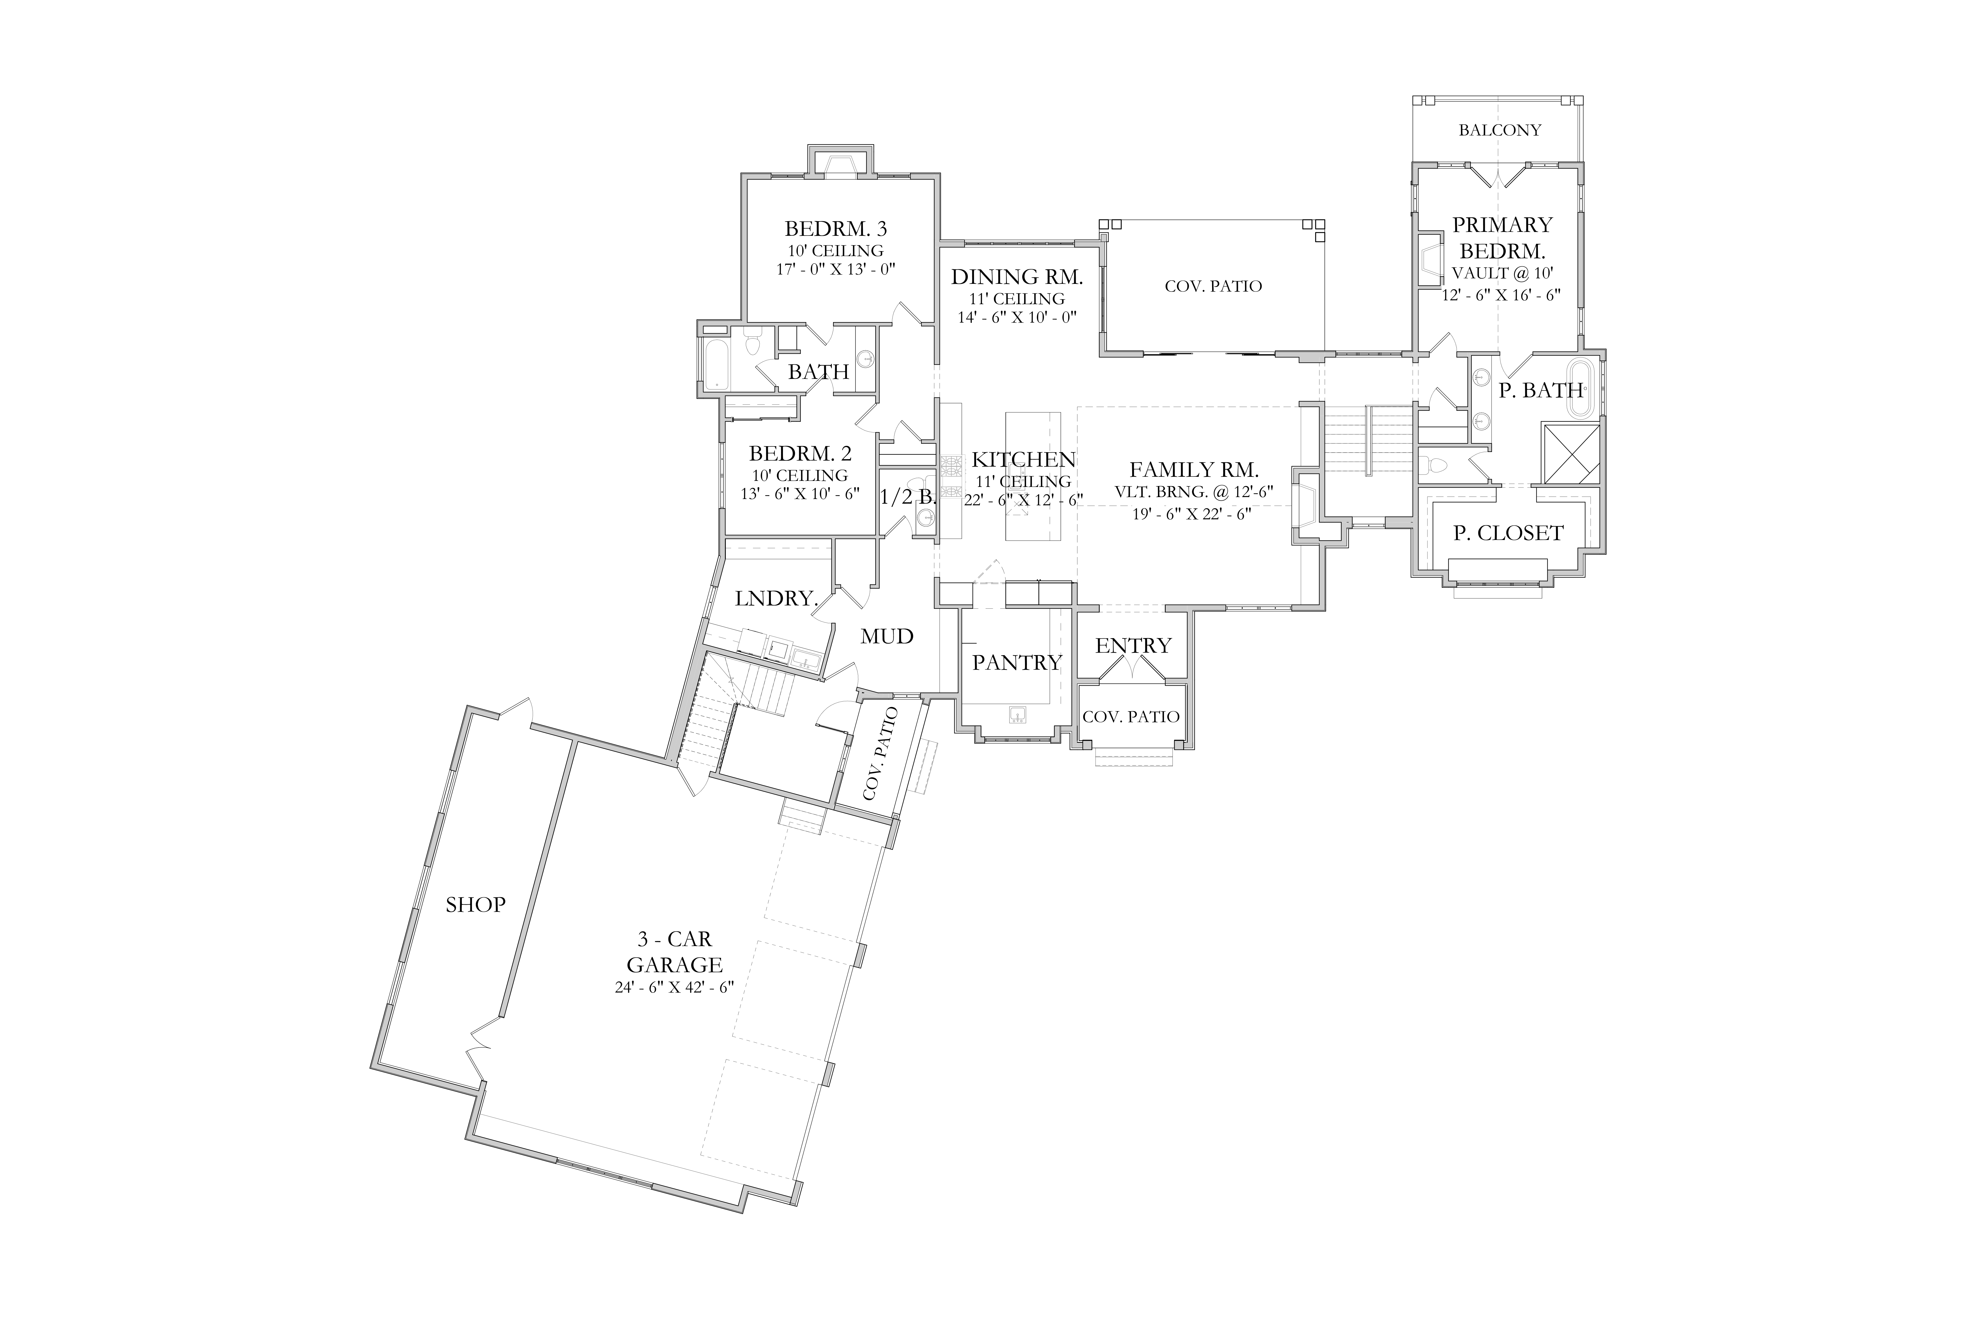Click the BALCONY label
[1499, 130]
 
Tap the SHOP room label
[475, 904]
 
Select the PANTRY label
[1017, 663]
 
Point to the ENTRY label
[1133, 645]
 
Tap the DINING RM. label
[1017, 277]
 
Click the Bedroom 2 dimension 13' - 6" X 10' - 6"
[800, 494]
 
